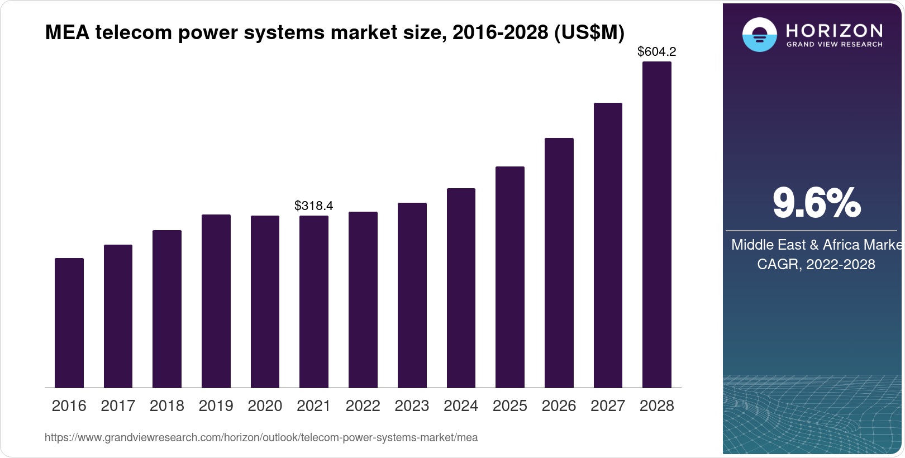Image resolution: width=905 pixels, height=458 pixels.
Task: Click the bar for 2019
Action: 216,301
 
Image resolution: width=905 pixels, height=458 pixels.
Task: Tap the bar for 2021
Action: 314,302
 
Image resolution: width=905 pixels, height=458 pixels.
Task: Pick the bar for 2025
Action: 510,277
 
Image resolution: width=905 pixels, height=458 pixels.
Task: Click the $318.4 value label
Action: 314,206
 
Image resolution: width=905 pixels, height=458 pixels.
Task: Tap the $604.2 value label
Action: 657,52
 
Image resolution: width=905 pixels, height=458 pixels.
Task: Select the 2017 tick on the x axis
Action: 118,406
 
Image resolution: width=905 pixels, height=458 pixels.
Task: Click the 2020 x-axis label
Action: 265,406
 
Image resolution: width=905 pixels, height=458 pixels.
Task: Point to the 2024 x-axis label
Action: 461,406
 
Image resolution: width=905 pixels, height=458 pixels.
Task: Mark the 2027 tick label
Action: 608,406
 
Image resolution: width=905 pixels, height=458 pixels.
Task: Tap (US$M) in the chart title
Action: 589,32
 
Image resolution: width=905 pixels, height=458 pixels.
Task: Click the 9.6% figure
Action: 816,203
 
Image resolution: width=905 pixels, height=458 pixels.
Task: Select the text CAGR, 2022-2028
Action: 816,264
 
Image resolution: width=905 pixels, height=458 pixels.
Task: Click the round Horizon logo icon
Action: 759,35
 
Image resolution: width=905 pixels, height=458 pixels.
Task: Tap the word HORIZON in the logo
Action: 835,30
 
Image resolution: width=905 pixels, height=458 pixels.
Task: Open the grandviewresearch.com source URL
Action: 261,438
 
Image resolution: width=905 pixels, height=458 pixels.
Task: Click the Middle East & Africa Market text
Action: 816,245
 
